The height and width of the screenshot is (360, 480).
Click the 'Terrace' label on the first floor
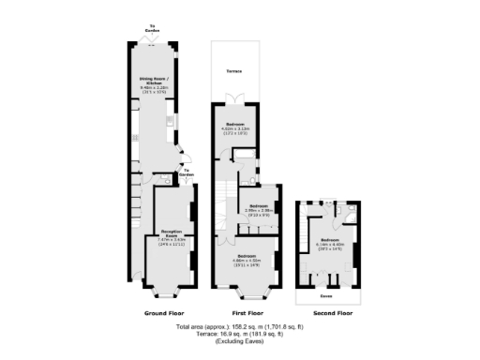pos(235,71)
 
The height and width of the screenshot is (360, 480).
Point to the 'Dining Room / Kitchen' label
pos(153,86)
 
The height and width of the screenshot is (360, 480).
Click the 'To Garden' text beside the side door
pos(187,172)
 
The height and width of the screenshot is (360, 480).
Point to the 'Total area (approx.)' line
pos(240,328)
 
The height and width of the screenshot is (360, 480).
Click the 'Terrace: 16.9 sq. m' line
pos(240,336)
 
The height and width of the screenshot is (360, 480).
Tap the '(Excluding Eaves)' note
pos(240,343)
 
